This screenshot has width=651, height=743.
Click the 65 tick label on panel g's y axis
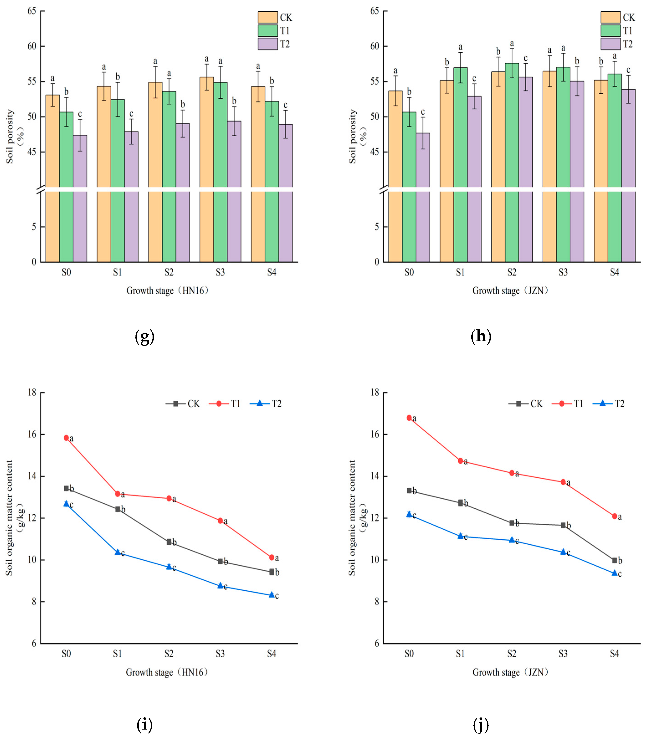[x=32, y=11]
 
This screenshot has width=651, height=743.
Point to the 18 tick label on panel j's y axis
[x=375, y=392]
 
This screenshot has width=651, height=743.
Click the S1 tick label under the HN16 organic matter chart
[x=117, y=654]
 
